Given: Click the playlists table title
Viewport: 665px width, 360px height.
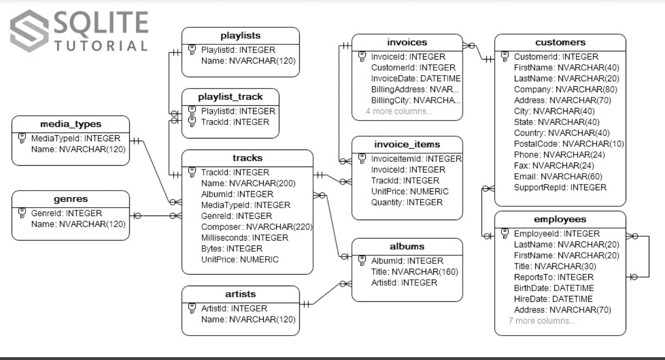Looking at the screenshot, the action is [241, 36].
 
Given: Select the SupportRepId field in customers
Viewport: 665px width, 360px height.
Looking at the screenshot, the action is [560, 187].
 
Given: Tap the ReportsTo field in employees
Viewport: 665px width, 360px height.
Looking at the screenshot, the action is [554, 277].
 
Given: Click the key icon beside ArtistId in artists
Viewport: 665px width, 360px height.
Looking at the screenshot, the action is [192, 308].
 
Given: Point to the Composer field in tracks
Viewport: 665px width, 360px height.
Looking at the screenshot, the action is [256, 227].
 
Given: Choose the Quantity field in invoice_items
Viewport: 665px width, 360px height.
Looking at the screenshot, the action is [407, 203].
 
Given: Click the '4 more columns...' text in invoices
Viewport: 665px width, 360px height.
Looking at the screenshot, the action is [399, 111].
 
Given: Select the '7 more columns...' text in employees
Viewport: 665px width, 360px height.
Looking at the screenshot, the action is [542, 321].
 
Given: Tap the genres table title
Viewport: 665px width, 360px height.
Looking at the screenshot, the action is [71, 199].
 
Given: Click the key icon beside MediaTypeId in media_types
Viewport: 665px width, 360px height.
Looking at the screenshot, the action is [22, 138].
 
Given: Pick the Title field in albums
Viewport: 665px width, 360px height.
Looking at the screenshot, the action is [414, 272].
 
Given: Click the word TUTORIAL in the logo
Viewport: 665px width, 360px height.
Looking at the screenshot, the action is [101, 46].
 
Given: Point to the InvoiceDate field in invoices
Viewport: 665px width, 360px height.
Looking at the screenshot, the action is [416, 78].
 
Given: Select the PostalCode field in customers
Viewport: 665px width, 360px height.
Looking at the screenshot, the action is [569, 144].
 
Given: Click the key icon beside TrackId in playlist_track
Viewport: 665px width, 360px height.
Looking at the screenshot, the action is [192, 122].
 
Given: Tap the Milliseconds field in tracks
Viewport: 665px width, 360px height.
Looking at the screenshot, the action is [245, 238].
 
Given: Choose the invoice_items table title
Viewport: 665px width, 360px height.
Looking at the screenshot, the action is [407, 144].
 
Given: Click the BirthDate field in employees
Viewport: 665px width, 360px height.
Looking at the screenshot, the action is [554, 288].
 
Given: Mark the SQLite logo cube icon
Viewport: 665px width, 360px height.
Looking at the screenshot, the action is [30, 31].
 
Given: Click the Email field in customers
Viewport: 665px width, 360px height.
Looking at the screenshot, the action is [558, 177].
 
